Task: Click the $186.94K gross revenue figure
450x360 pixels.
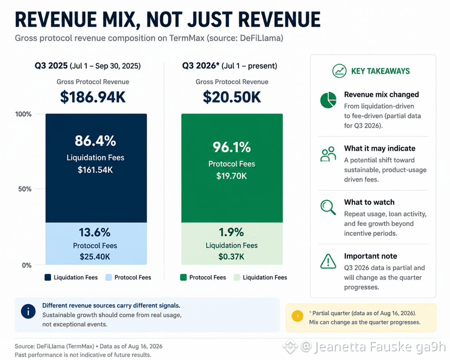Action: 93,97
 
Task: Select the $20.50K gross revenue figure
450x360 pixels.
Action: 232,97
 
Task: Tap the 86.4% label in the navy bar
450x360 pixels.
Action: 96,141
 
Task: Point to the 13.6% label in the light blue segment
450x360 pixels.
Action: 94,232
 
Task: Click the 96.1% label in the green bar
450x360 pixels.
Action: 232,147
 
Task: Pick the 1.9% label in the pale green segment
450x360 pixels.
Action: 231,232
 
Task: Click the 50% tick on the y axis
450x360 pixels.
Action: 24,189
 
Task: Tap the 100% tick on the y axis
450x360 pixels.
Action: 23,114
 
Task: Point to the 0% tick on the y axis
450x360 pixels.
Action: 27,265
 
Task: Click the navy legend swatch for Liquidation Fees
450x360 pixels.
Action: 48,277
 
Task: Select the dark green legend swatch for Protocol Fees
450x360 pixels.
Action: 183,277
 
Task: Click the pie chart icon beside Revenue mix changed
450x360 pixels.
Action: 328,100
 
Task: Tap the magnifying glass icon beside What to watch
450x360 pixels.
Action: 328,207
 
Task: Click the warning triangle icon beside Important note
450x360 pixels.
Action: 328,261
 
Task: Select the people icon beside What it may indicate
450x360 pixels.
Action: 328,154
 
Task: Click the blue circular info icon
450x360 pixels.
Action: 28,312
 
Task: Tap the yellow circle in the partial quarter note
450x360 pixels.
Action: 297,316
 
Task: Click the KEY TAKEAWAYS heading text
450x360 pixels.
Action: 381,71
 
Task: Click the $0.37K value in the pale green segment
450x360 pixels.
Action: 231,256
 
